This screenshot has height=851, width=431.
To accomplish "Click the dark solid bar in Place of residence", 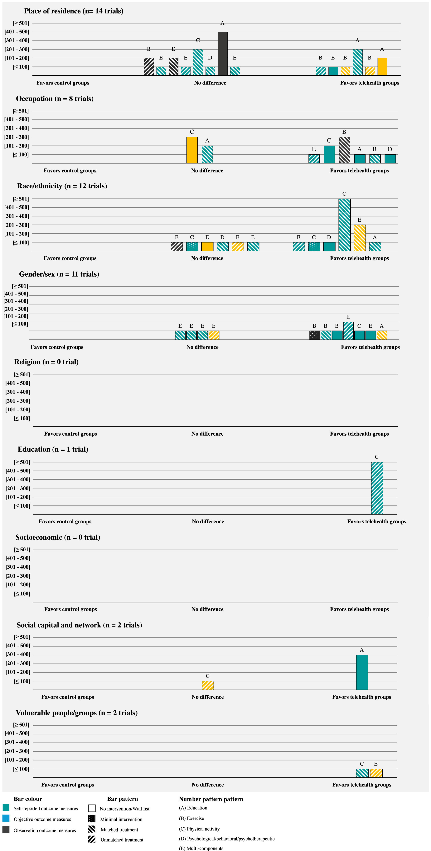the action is click(x=223, y=54).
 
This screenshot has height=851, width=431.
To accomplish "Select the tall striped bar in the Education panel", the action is click(x=377, y=488).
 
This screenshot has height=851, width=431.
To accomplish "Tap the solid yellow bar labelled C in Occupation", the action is click(x=192, y=150).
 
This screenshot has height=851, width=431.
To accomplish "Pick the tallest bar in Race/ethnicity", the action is click(x=344, y=225).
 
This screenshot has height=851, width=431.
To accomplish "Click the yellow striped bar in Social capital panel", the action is click(x=208, y=685).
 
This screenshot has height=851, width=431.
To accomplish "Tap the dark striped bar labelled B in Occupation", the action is click(x=344, y=150).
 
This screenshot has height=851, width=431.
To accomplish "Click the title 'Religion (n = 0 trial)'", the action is click(x=46, y=362).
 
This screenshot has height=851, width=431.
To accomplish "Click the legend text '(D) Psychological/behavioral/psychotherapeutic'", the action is click(x=227, y=839).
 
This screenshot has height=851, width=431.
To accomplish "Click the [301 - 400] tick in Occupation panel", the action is click(x=17, y=128).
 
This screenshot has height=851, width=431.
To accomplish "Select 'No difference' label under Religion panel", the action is click(x=207, y=434).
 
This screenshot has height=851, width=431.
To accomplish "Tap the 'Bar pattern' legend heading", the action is click(x=123, y=799).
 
